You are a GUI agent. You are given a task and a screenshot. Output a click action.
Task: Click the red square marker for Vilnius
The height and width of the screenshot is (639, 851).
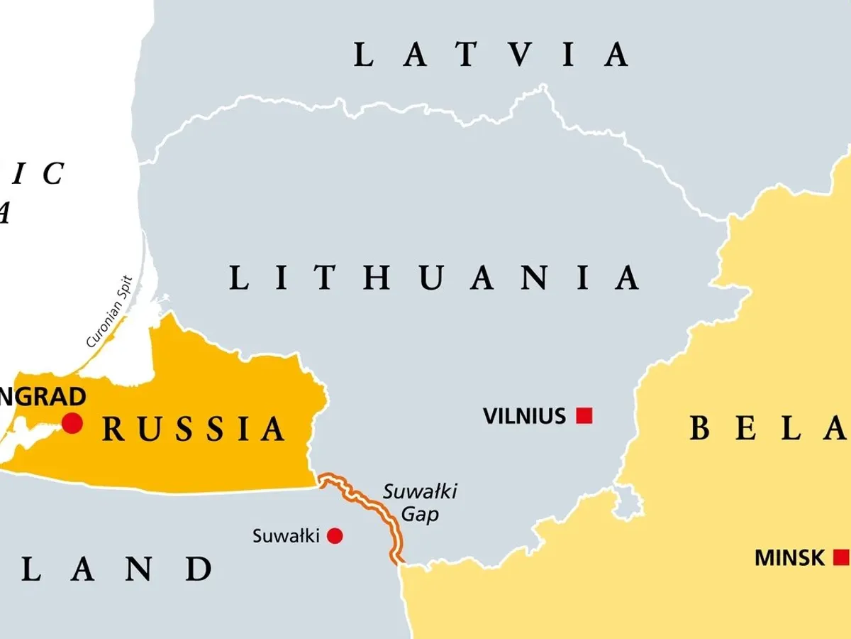click(584, 415)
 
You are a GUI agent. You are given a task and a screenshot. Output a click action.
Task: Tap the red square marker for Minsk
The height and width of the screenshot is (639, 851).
click(841, 556)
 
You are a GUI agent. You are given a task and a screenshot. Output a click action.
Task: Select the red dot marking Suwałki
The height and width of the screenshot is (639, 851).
click(335, 536)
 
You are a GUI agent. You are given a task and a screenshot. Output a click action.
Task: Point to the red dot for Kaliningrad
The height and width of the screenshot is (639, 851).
click(72, 423)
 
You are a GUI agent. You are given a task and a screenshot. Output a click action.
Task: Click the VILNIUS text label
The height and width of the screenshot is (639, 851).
click(525, 416)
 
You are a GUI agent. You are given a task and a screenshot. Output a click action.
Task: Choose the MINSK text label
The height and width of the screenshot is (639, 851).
click(790, 557)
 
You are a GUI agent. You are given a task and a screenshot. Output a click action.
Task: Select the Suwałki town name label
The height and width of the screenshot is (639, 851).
click(287, 536)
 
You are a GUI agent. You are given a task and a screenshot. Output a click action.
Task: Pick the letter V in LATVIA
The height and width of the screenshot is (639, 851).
click(515, 55)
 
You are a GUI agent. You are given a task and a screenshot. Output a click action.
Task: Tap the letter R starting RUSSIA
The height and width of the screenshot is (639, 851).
click(113, 430)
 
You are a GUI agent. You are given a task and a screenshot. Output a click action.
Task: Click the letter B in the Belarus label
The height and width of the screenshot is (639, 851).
click(701, 428)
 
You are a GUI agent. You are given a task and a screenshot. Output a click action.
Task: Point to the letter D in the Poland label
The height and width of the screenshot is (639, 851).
click(199, 569)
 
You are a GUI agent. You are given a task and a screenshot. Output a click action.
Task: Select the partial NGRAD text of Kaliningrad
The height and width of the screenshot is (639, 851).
click(43, 397)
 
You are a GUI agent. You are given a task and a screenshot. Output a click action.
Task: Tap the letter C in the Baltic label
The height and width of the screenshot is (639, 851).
click(52, 174)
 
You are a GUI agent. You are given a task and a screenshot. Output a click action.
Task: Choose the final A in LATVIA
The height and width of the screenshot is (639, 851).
click(616, 55)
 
